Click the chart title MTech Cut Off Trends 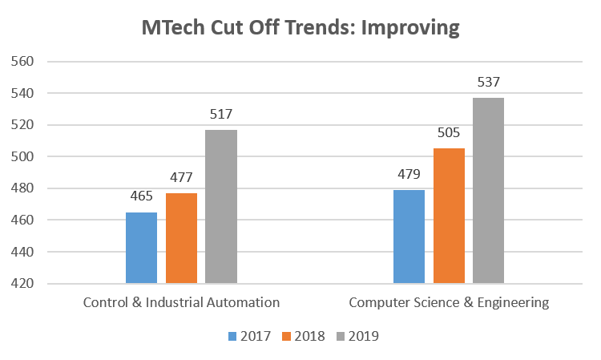[x=300, y=27]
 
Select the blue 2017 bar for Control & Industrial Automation [x=141, y=248]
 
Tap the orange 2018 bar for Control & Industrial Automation [x=181, y=238]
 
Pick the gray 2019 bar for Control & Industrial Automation [x=221, y=206]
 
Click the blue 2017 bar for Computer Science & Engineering [x=409, y=237]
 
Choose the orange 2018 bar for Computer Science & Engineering [x=449, y=216]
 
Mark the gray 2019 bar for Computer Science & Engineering [x=488, y=190]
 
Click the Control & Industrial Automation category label [x=181, y=303]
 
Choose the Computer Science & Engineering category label [x=449, y=303]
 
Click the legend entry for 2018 [x=305, y=336]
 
